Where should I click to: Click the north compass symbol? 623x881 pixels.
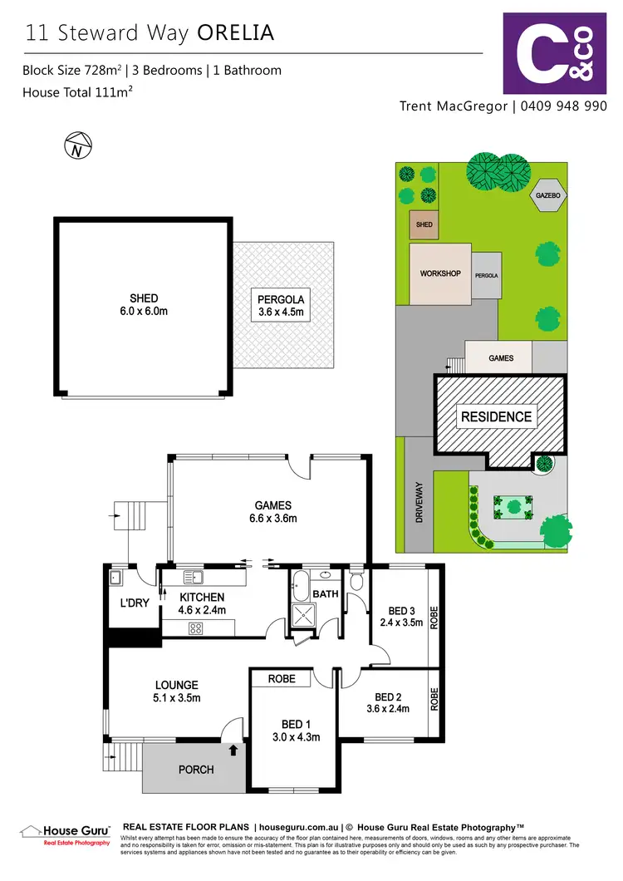(x=76, y=147)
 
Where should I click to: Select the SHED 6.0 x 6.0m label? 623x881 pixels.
(x=144, y=305)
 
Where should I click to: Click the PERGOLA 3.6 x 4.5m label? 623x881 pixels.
(x=283, y=305)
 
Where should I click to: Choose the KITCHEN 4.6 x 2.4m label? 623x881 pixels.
(x=200, y=603)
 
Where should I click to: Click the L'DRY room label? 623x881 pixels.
(x=134, y=603)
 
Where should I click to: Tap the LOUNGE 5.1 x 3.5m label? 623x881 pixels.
(x=176, y=692)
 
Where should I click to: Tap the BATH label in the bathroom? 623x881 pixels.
(x=325, y=594)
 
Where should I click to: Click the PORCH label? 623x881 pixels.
(x=196, y=770)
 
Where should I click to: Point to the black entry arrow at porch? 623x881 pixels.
(x=233, y=751)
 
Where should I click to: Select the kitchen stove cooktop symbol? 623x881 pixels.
(x=197, y=629)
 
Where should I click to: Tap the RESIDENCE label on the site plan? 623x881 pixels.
(x=497, y=416)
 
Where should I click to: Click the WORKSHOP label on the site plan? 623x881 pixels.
(x=440, y=273)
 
